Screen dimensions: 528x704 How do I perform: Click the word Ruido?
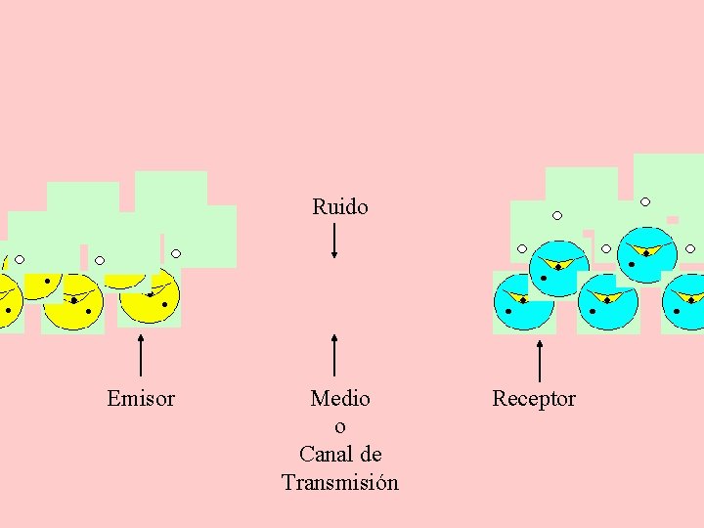click(340, 206)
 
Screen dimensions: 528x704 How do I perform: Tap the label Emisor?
click(141, 398)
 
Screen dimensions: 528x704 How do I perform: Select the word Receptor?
click(534, 398)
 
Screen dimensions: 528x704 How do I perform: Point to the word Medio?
click(340, 398)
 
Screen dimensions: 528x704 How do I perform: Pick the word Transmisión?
click(340, 483)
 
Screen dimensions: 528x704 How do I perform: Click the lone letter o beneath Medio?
click(340, 426)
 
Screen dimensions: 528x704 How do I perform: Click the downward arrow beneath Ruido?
click(334, 241)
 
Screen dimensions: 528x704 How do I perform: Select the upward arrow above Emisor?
click(142, 355)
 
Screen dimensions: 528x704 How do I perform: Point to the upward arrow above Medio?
click(334, 355)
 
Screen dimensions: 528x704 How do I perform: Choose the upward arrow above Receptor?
click(541, 360)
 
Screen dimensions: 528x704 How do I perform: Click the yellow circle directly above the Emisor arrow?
click(149, 297)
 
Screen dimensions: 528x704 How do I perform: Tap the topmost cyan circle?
click(646, 255)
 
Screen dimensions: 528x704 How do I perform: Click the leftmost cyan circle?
click(523, 303)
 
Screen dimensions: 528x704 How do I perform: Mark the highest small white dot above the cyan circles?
click(645, 202)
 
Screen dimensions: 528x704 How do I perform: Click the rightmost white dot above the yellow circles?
click(176, 253)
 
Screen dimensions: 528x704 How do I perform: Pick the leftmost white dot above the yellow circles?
click(20, 260)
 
